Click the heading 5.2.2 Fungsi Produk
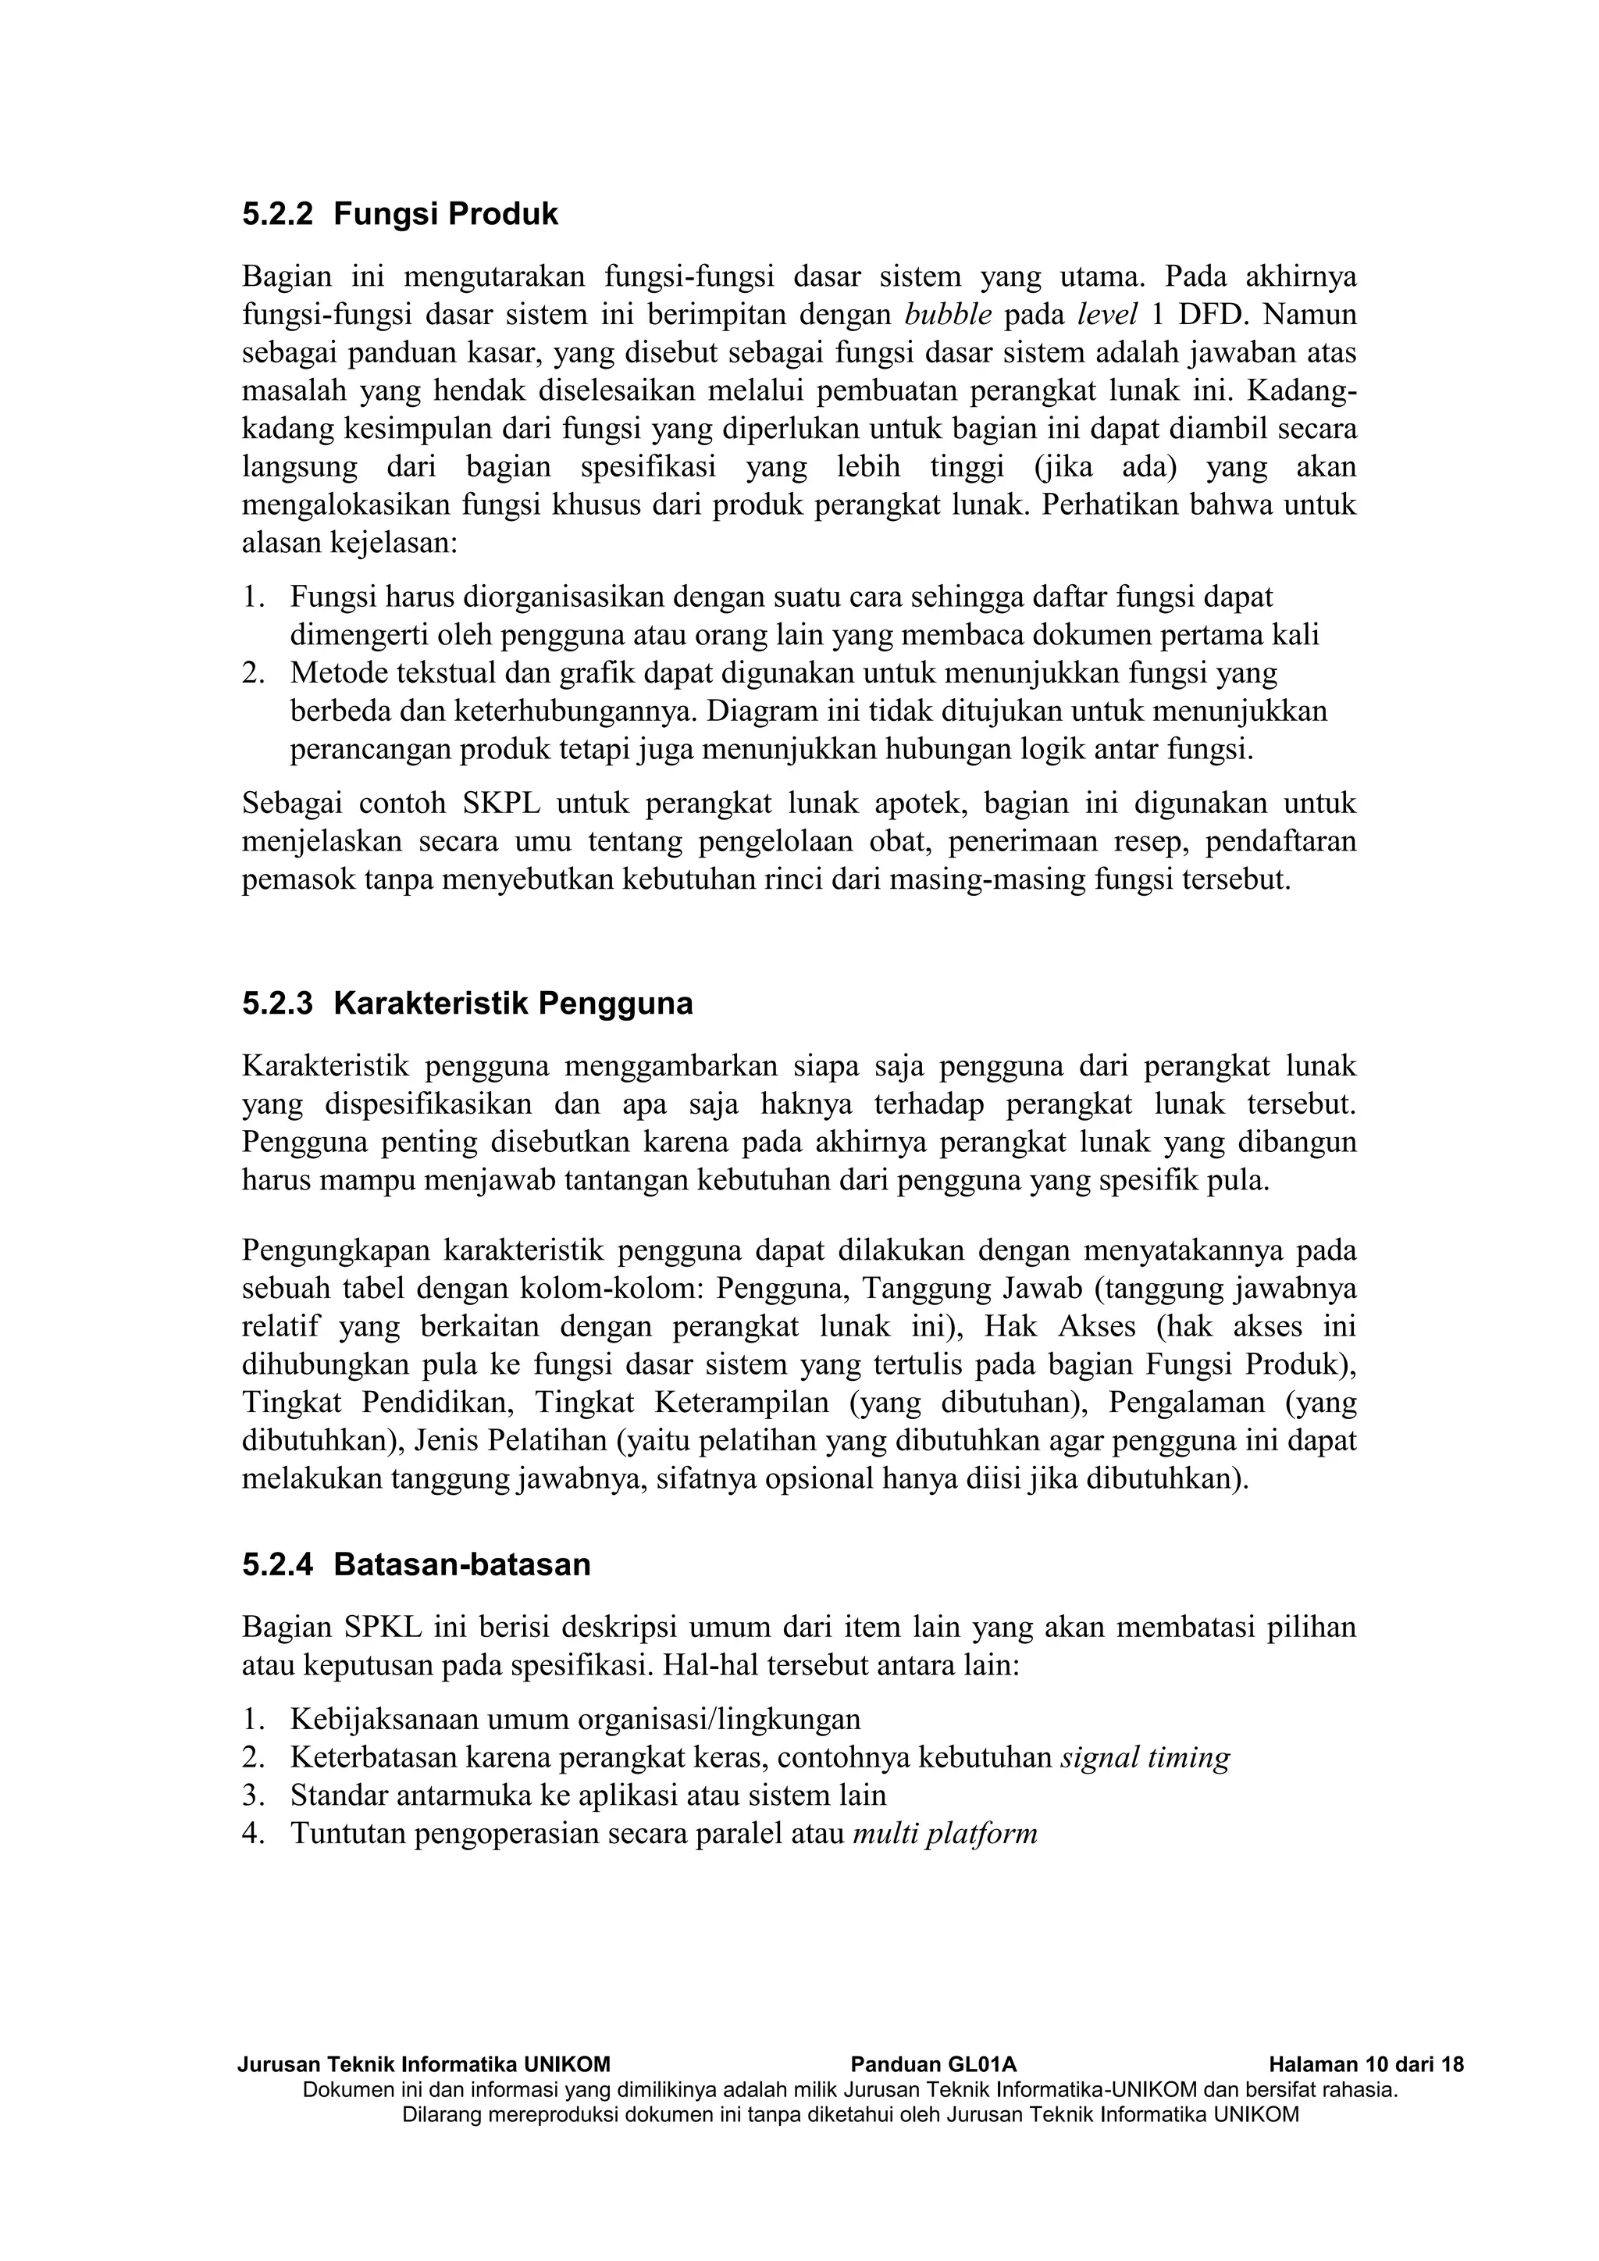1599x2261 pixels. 400,214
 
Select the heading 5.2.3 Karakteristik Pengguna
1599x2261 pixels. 467,1004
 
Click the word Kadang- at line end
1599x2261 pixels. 1301,391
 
